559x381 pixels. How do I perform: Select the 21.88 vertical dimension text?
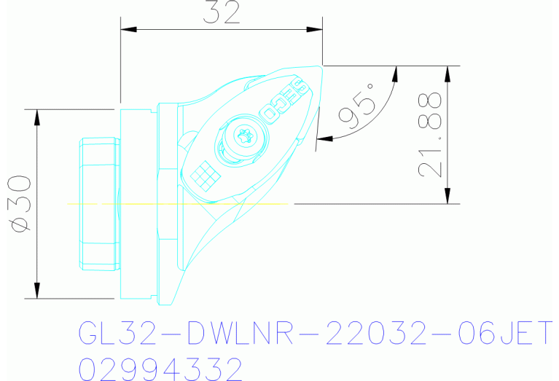431,135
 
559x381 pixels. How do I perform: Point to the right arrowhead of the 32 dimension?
315,30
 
